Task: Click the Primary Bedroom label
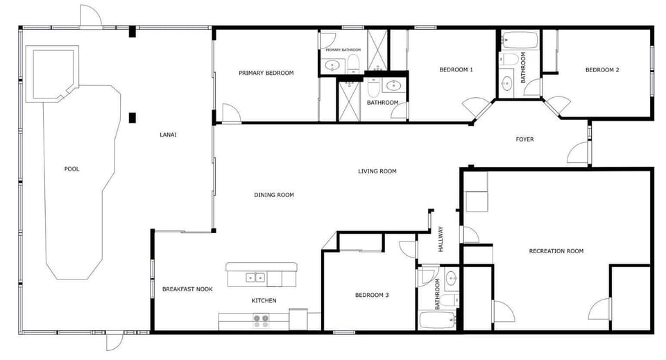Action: (266, 73)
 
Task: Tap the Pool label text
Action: (71, 169)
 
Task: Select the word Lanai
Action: (168, 135)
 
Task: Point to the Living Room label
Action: (377, 171)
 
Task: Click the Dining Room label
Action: (273, 195)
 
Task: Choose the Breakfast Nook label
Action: (187, 289)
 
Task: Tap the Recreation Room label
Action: (556, 251)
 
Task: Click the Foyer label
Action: (524, 139)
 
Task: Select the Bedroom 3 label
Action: (372, 295)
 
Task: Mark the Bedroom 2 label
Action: (601, 69)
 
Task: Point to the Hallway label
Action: (440, 241)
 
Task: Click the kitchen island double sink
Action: (255, 278)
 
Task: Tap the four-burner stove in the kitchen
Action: (261, 320)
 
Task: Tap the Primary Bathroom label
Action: (343, 50)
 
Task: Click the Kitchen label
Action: (264, 300)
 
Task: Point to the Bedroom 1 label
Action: (456, 69)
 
